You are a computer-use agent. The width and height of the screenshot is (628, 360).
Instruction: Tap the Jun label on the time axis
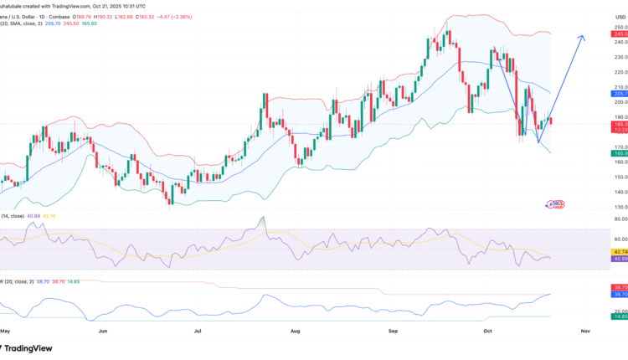click(x=103, y=330)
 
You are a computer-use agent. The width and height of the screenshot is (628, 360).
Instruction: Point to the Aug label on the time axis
click(x=296, y=330)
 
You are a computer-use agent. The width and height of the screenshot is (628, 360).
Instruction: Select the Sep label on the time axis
click(x=392, y=330)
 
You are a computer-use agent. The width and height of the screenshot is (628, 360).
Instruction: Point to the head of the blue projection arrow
click(x=582, y=37)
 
